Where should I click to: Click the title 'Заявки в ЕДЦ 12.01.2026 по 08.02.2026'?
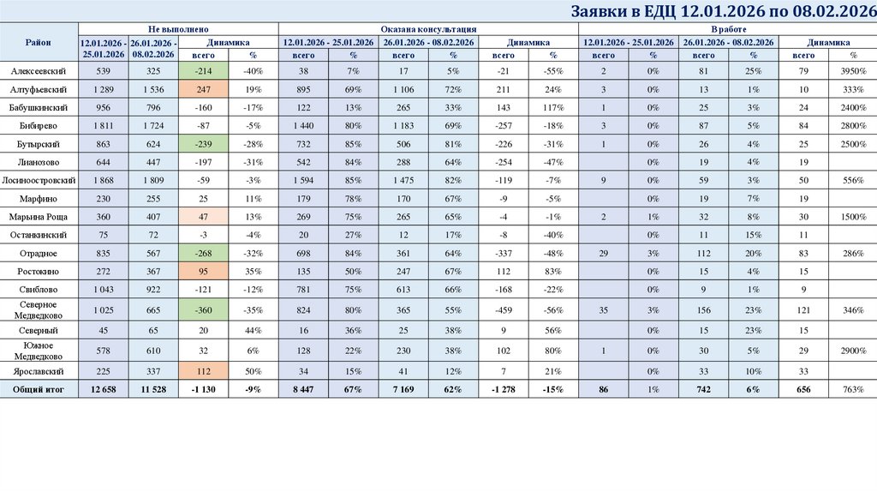click(722, 11)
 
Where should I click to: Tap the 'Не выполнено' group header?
click(178, 28)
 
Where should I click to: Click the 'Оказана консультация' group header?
click(428, 28)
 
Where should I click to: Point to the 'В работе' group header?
click(727, 28)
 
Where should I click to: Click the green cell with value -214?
click(204, 70)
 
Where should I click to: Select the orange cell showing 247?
click(204, 88)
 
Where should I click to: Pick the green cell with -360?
click(204, 309)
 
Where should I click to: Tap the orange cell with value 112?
click(204, 371)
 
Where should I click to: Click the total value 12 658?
click(103, 389)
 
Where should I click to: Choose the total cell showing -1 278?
click(504, 389)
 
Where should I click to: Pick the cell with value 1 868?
click(103, 180)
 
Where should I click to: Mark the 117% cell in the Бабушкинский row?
click(553, 107)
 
